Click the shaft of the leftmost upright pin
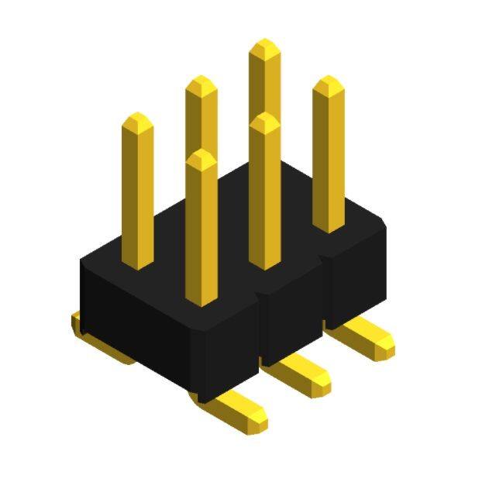(x=138, y=194)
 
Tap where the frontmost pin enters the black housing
(x=201, y=298)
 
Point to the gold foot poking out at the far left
(x=77, y=323)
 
